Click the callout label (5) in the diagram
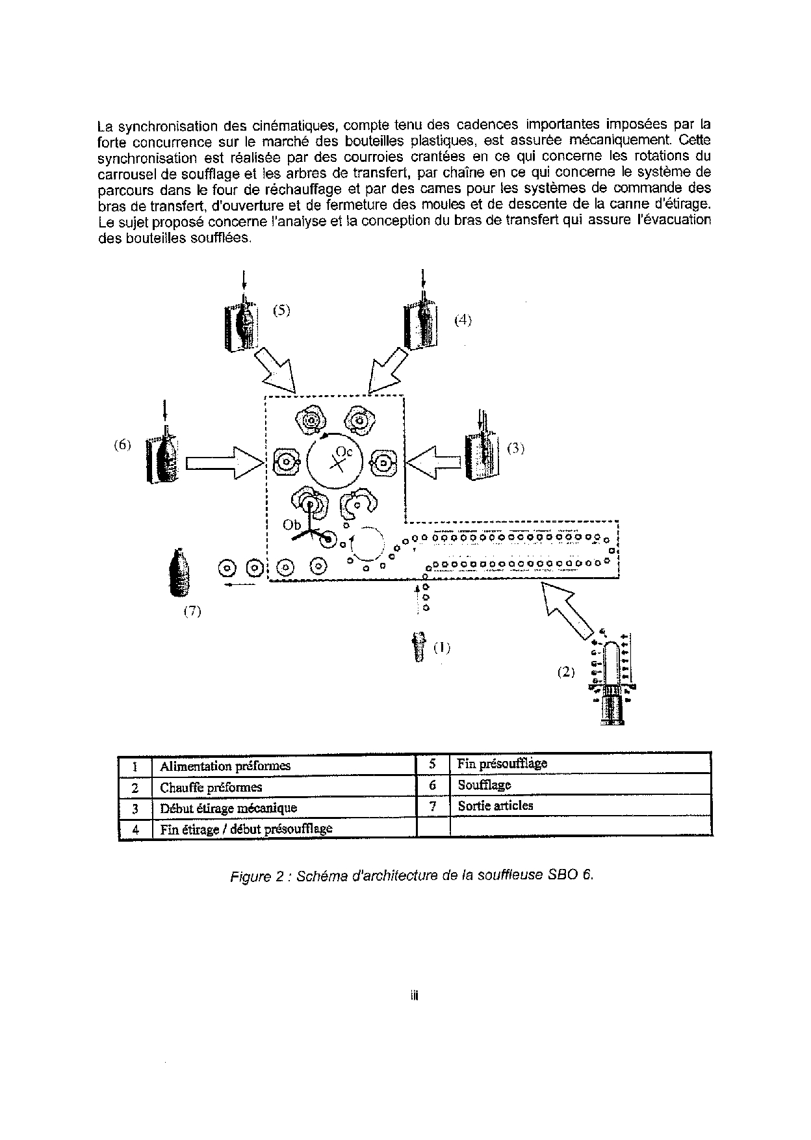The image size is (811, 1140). [x=281, y=310]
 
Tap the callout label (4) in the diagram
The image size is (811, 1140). [x=463, y=320]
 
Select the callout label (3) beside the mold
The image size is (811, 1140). [x=515, y=448]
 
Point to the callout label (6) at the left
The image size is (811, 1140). [x=122, y=445]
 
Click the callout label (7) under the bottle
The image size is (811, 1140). [x=192, y=611]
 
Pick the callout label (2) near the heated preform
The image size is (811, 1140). [x=566, y=672]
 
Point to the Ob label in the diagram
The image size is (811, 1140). [x=292, y=525]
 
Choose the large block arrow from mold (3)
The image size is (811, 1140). [x=435, y=462]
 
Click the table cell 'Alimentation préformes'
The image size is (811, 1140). [x=225, y=766]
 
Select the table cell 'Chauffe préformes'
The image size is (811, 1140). [x=211, y=787]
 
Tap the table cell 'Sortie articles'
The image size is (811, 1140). [x=495, y=806]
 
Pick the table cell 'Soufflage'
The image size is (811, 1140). [x=484, y=785]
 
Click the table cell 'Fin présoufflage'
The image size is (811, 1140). [x=502, y=764]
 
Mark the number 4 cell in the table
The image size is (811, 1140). [x=135, y=829]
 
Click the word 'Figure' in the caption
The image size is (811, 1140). [x=250, y=876]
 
